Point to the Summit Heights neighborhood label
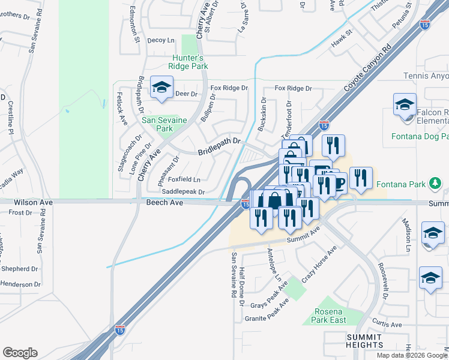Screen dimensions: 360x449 (364, 341)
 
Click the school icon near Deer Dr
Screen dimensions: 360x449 (161, 88)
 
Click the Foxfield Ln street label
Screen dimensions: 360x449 (184, 179)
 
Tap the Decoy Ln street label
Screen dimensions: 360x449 (160, 40)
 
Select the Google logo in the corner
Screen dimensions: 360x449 (20, 353)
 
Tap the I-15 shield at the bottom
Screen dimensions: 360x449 (120, 331)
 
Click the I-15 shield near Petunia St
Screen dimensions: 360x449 (424, 25)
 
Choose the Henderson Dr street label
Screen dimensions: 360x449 (20, 284)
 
